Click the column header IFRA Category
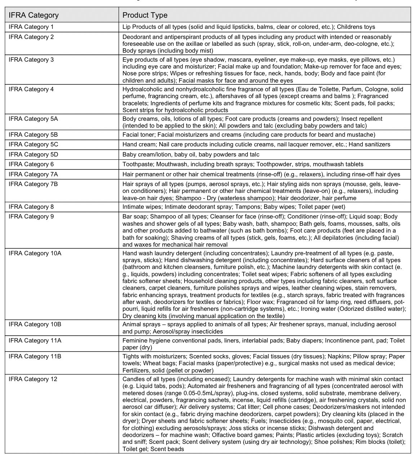[x=34, y=15]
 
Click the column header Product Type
[x=145, y=15]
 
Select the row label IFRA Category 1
[x=31, y=27]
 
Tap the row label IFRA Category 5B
[x=33, y=134]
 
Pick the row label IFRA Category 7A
[x=33, y=174]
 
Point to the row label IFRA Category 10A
[x=35, y=253]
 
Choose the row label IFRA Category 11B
[x=35, y=356]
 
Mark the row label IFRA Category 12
[x=33, y=379]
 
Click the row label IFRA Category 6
[x=31, y=164]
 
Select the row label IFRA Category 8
[x=31, y=207]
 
